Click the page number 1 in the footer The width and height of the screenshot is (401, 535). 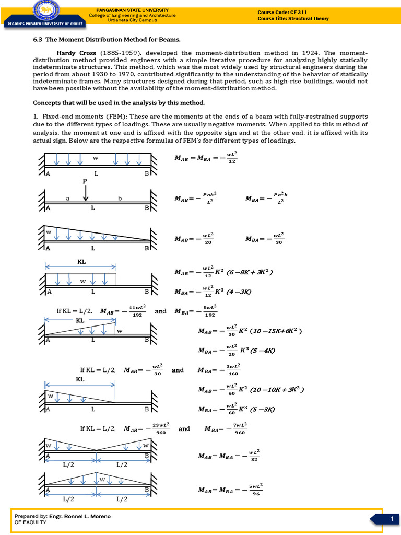click(391, 518)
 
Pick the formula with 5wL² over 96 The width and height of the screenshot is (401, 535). click(230, 490)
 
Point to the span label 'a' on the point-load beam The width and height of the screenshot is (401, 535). click(68, 199)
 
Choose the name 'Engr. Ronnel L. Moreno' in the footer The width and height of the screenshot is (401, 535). click(79, 516)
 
